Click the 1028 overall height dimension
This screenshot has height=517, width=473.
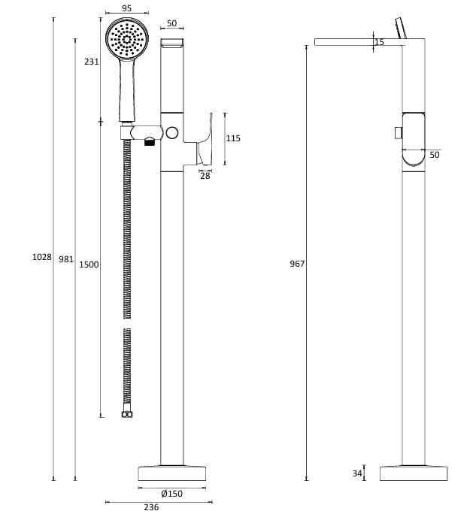pyautogui.click(x=41, y=257)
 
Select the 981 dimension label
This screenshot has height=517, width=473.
pyautogui.click(x=66, y=259)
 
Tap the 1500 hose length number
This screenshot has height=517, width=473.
pyautogui.click(x=89, y=265)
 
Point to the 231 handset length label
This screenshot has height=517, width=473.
pyautogui.click(x=91, y=62)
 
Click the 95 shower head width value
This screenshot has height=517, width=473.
pyautogui.click(x=126, y=8)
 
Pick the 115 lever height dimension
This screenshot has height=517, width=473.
pyautogui.click(x=233, y=138)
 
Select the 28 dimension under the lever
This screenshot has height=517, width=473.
pyautogui.click(x=205, y=176)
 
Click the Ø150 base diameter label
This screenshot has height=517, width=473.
pyautogui.click(x=172, y=494)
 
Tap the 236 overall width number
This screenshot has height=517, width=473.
pyautogui.click(x=152, y=507)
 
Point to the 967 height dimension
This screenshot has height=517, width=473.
pyautogui.click(x=297, y=264)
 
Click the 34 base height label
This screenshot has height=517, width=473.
pyautogui.click(x=357, y=473)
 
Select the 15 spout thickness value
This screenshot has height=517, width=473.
pyautogui.click(x=379, y=43)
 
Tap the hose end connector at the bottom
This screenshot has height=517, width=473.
pyautogui.click(x=127, y=413)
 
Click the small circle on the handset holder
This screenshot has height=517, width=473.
pyautogui.click(x=172, y=134)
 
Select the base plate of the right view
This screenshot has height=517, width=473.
pyautogui.click(x=413, y=473)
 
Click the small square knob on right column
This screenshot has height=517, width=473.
pyautogui.click(x=398, y=133)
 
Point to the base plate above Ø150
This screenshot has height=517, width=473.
pyautogui.click(x=172, y=473)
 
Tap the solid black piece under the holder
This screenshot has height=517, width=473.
pyautogui.click(x=149, y=141)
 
